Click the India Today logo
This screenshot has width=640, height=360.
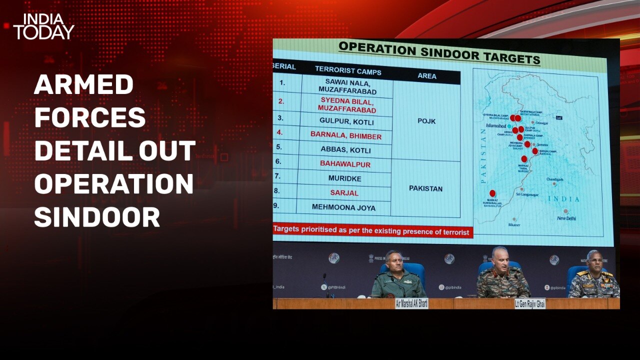(43, 27)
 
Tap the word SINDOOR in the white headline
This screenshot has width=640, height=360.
(97, 217)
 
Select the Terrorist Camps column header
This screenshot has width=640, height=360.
(348, 70)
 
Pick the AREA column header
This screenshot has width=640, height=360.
(426, 76)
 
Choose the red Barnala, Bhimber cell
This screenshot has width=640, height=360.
(345, 135)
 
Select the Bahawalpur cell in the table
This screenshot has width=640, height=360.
(345, 163)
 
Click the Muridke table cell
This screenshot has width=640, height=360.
(344, 178)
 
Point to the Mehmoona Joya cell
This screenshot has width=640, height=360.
(343, 207)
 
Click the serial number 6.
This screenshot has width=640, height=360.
(278, 161)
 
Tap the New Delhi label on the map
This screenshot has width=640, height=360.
(566, 218)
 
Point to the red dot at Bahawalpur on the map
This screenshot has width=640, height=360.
(492, 193)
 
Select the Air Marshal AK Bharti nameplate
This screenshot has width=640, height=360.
(411, 303)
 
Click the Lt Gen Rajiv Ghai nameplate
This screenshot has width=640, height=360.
(530, 303)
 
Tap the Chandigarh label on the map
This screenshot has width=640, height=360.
(554, 179)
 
